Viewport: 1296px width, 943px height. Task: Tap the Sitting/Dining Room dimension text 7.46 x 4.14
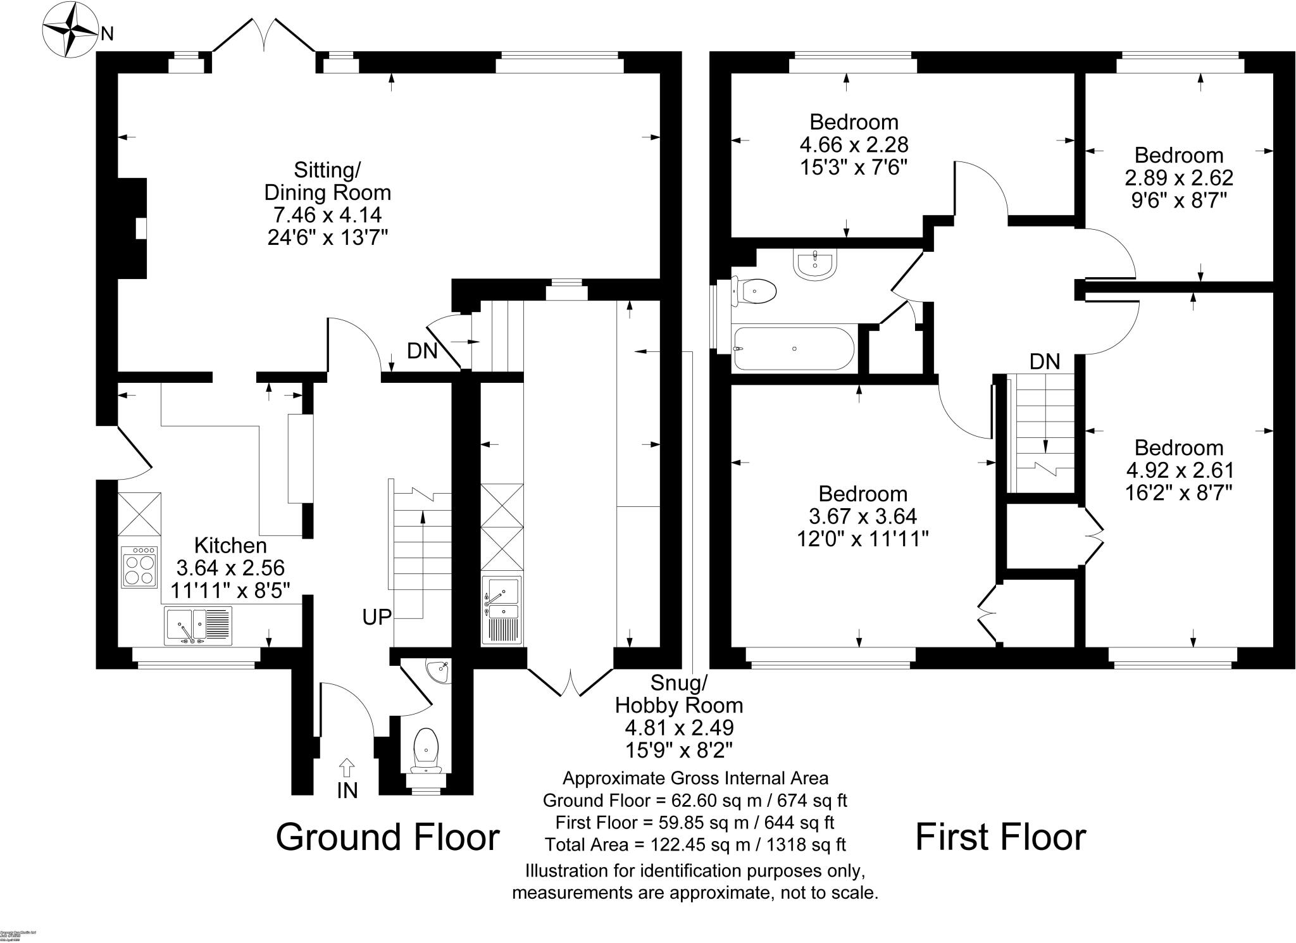click(x=327, y=215)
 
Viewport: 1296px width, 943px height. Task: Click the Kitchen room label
click(x=230, y=545)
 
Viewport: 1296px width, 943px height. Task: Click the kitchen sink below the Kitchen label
click(x=197, y=625)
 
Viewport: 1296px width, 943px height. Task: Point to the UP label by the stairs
click(x=377, y=616)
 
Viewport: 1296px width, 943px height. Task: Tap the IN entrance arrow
click(x=347, y=768)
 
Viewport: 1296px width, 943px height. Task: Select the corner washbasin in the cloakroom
click(x=439, y=671)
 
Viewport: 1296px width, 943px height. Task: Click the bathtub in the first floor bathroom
click(x=794, y=348)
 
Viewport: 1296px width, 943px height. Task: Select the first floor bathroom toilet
click(x=755, y=292)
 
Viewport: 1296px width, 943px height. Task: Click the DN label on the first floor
click(x=1045, y=361)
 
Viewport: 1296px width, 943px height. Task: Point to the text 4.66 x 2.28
click(x=854, y=145)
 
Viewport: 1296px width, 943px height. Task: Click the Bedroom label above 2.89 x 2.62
click(x=1178, y=155)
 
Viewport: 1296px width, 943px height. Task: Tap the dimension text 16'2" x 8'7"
click(x=1178, y=492)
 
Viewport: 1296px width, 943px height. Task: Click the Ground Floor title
click(x=387, y=837)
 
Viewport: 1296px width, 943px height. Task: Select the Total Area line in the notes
click(x=695, y=844)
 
